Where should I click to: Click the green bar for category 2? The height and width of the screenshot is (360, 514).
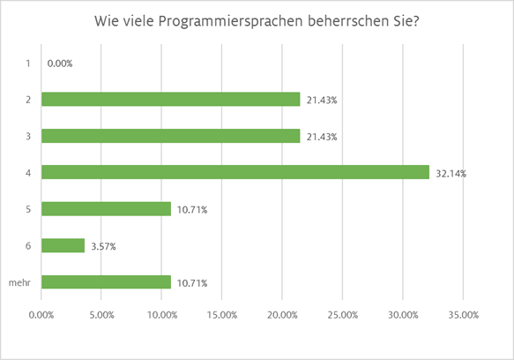pos(171,100)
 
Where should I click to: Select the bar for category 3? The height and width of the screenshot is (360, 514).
pos(171,136)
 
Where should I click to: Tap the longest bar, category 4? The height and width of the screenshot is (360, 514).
pos(235,173)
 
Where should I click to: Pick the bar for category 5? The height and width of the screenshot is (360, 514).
pos(106,209)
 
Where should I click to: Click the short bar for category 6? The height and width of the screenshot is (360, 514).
pos(63,246)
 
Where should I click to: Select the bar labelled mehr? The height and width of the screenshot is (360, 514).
pos(106,282)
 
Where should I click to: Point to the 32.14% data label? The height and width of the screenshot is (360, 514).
pos(451,174)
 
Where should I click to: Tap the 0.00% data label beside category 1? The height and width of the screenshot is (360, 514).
pos(60,64)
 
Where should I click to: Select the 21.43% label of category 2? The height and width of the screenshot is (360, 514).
pos(321,101)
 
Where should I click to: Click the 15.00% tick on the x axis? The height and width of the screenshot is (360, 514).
pos(222,314)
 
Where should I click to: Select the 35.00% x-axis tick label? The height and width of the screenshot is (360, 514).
pos(463,314)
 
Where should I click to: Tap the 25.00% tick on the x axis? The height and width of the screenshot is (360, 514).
pos(342,314)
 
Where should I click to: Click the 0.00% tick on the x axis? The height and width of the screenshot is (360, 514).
pos(41,314)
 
